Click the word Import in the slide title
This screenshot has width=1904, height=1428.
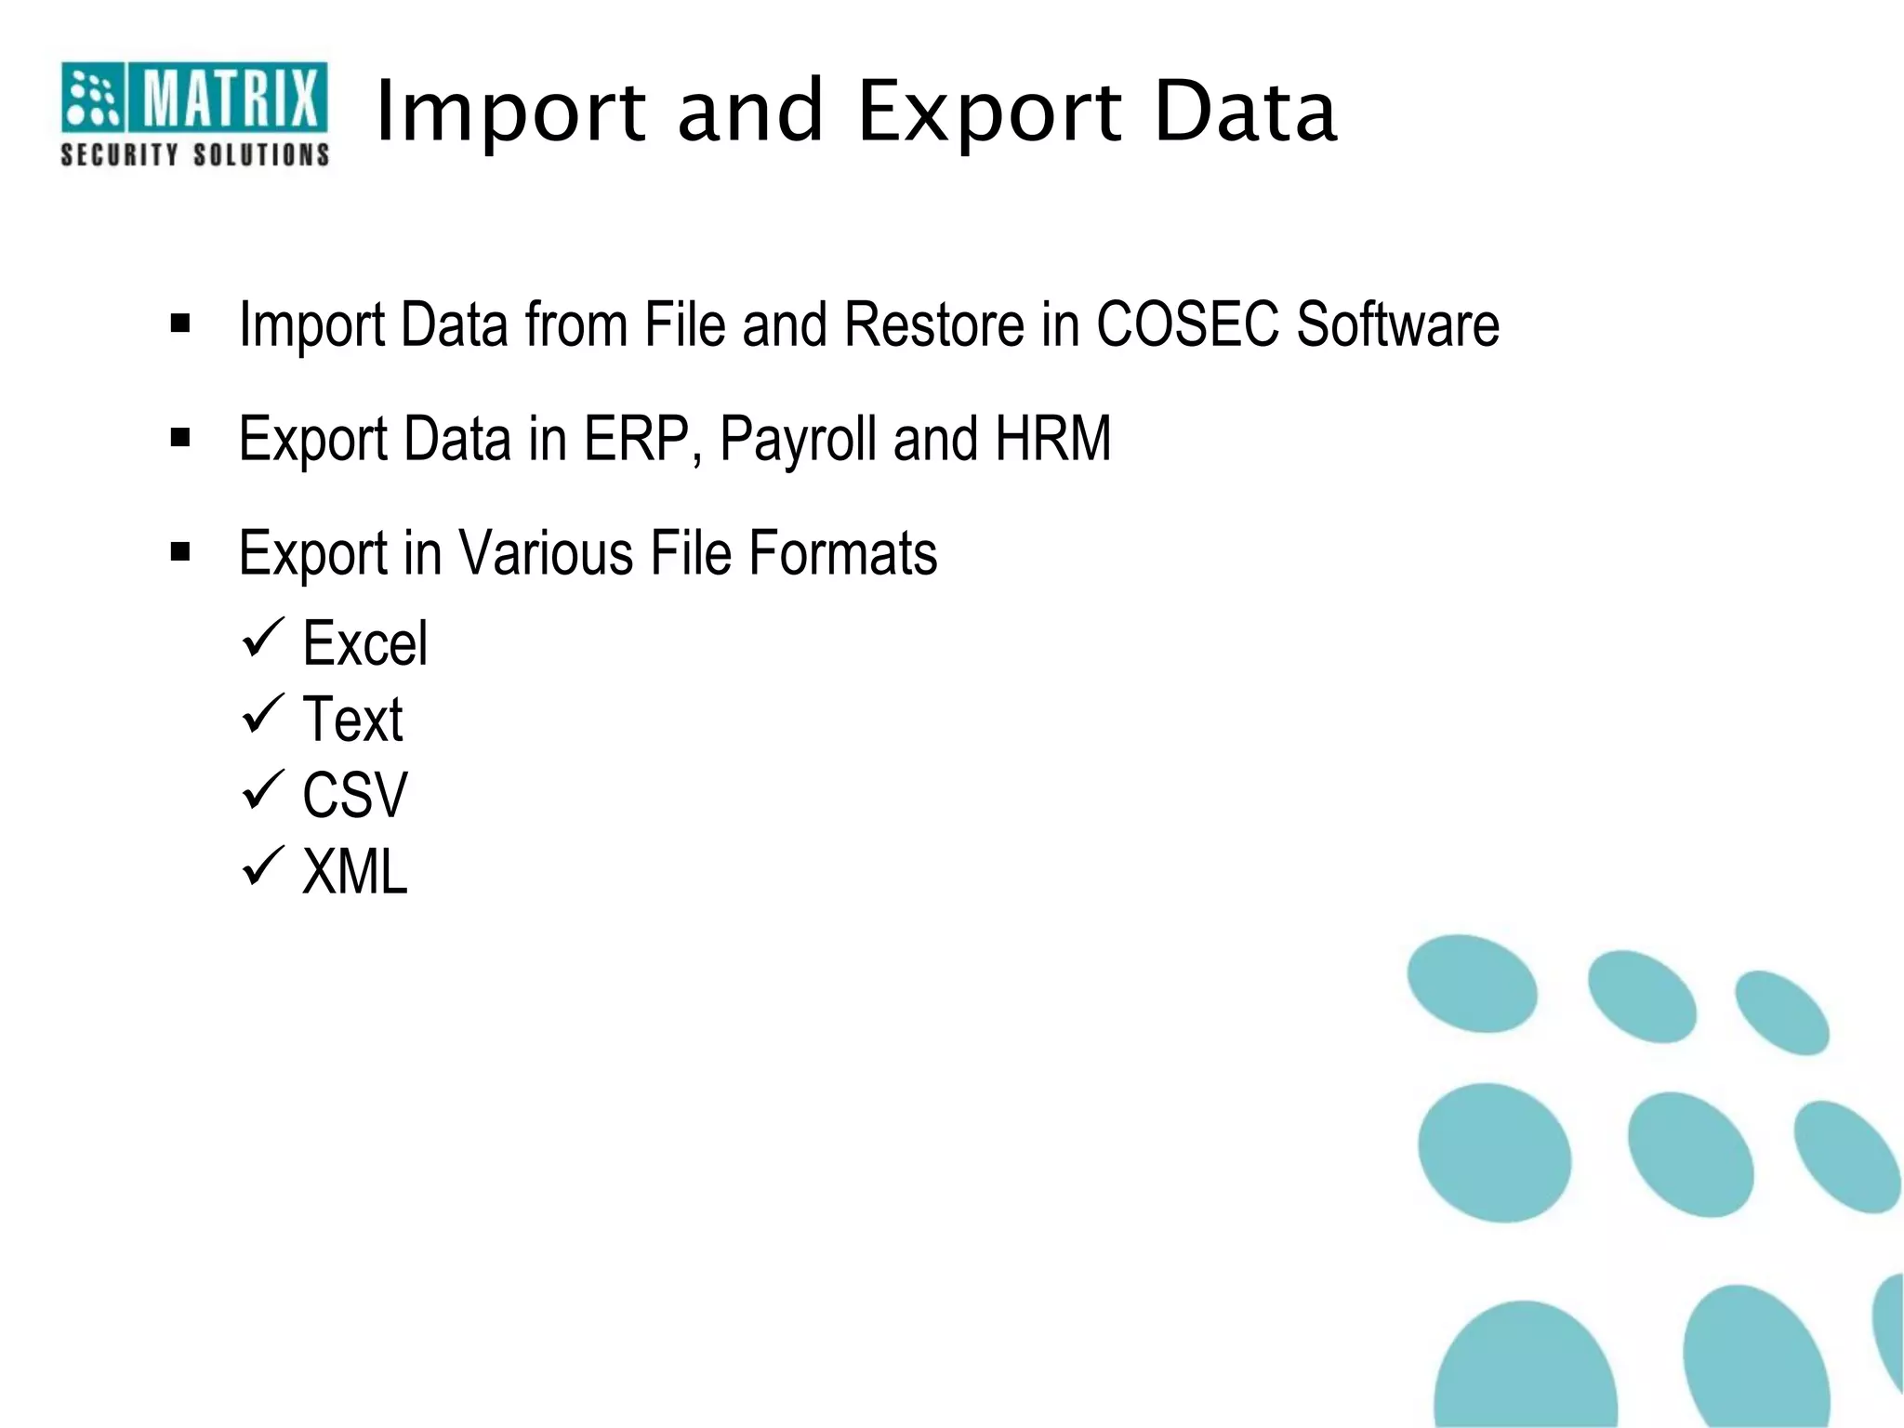click(509, 112)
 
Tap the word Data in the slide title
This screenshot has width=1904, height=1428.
click(1246, 112)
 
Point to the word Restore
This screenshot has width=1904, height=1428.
click(934, 324)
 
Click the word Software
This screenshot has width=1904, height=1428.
click(1397, 324)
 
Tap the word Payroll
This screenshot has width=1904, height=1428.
click(798, 440)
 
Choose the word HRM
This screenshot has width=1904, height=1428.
click(1052, 438)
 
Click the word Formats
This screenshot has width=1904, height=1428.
click(842, 553)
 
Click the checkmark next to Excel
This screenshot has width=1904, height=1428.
click(262, 639)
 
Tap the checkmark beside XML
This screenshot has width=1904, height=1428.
click(262, 866)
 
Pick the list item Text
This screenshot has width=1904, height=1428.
click(352, 720)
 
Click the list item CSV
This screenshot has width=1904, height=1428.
click(355, 796)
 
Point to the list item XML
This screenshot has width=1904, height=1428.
click(355, 872)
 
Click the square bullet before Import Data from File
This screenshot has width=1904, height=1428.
click(180, 323)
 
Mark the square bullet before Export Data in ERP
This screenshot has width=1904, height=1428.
click(180, 437)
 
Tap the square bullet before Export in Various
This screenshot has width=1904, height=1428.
click(180, 552)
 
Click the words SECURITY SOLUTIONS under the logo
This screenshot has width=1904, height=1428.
click(194, 154)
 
